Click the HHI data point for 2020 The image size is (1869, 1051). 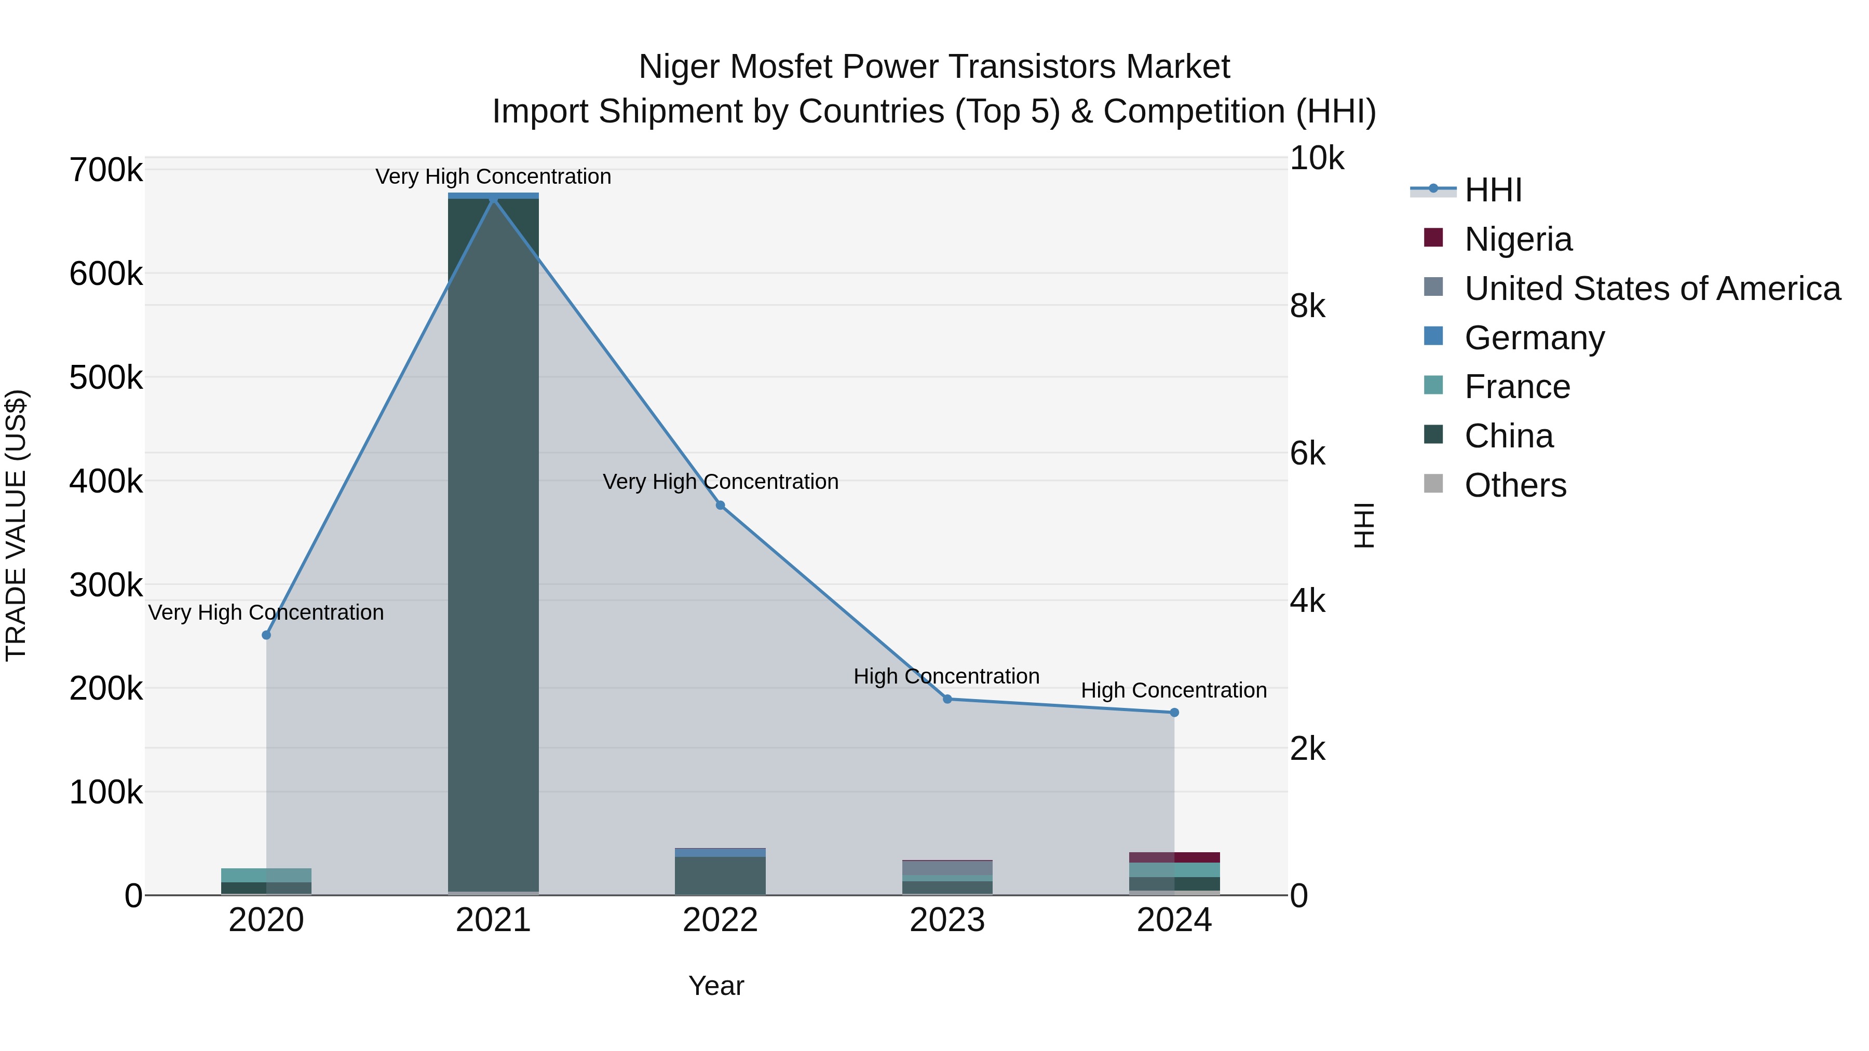(266, 635)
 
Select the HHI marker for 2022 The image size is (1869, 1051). (721, 505)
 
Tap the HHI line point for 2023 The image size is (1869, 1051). (947, 699)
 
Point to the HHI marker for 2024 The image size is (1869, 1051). (1175, 712)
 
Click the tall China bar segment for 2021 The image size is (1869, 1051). (493, 544)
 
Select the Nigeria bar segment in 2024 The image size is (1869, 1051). (1175, 857)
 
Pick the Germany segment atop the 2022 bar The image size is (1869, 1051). (721, 852)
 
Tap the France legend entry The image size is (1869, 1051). (1517, 387)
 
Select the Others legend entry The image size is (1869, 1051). (1515, 485)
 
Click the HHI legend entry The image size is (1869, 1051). (1493, 190)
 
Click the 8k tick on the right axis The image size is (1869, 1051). (1307, 306)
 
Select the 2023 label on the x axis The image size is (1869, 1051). (947, 920)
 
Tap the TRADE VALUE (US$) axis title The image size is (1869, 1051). (16, 525)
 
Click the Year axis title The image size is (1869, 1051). (716, 986)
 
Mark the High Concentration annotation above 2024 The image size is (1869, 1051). (1174, 690)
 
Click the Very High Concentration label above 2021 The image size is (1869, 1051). (493, 176)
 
